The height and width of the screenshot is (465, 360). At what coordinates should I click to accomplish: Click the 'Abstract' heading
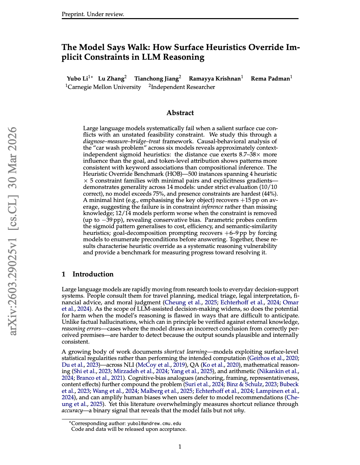pos(180,113)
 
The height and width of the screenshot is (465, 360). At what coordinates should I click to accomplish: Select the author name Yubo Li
pos(77,79)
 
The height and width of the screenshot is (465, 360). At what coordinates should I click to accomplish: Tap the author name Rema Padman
pos(270,79)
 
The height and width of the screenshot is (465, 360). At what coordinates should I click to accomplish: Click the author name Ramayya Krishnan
pos(215,79)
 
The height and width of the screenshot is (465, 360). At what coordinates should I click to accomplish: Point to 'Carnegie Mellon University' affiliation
pos(104,87)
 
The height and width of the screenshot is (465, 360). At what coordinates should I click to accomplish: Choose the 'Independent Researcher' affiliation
pos(183,87)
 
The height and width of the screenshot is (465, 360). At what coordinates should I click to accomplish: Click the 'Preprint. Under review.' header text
pos(93,14)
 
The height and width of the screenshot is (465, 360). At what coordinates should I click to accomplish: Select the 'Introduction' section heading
pos(93,274)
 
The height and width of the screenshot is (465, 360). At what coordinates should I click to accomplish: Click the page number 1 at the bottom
pos(180,447)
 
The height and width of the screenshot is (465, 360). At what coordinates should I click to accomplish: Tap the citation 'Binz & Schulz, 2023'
pos(252,384)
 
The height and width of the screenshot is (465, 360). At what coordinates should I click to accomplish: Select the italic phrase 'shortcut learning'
pos(185,352)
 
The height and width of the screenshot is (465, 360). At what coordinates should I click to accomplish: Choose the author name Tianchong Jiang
pos(156,79)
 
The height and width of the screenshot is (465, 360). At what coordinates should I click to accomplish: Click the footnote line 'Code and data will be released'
pos(129,429)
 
